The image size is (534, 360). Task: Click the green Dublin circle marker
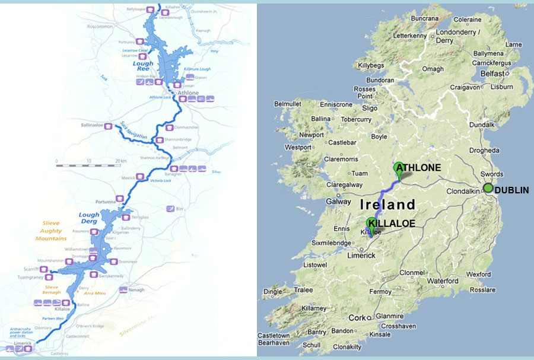coord(488,188)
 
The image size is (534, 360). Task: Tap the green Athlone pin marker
coord(399,168)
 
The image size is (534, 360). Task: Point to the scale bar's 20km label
coord(122,161)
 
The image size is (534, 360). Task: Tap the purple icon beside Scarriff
coord(43,269)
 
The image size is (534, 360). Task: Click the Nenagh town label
coord(138,299)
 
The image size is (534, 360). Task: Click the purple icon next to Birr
coord(171,209)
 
